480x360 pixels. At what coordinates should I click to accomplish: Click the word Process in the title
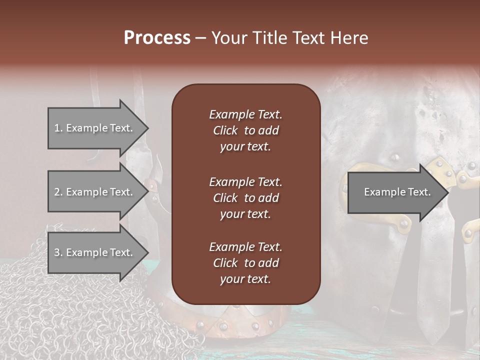pyautogui.click(x=157, y=38)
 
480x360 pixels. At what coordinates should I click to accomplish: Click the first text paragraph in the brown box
pyautogui.click(x=245, y=130)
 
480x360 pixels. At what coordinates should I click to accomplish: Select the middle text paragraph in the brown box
pyautogui.click(x=245, y=198)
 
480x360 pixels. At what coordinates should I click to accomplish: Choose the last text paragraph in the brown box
pyautogui.click(x=245, y=263)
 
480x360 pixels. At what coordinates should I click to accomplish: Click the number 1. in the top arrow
pyautogui.click(x=58, y=128)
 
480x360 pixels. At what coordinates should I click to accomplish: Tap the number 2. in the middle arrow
pyautogui.click(x=58, y=192)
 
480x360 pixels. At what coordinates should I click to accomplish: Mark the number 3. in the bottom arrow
pyautogui.click(x=58, y=252)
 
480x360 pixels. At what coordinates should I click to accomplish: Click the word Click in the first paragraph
pyautogui.click(x=225, y=130)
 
